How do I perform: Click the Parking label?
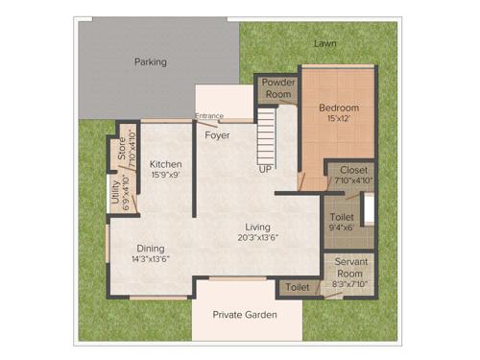click(151, 61)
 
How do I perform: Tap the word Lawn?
click(324, 44)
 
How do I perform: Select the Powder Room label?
click(278, 88)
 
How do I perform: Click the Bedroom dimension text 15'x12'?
click(339, 119)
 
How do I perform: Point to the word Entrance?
click(209, 117)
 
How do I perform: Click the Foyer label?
click(217, 135)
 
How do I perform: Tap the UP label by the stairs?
click(265, 169)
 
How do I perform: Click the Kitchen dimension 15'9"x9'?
click(166, 176)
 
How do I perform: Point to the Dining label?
click(150, 247)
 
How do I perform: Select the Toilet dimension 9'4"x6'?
click(343, 228)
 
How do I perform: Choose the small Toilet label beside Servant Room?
click(297, 287)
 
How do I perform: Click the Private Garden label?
click(246, 315)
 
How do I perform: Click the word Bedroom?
click(339, 108)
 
